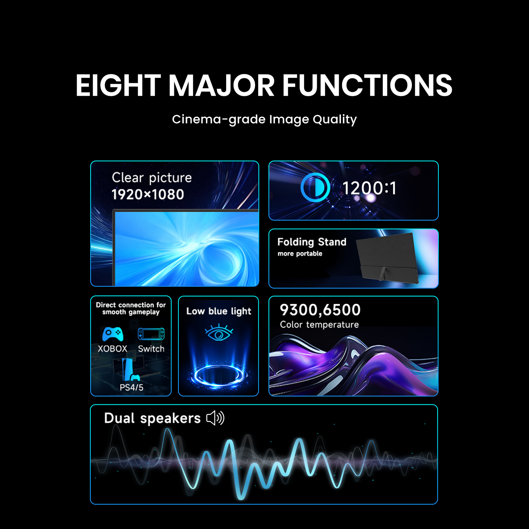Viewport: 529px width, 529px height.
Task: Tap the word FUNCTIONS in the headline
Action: pyautogui.click(x=367, y=85)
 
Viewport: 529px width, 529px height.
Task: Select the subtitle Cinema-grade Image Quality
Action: pyautogui.click(x=264, y=120)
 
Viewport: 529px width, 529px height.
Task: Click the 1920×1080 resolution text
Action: pyautogui.click(x=148, y=194)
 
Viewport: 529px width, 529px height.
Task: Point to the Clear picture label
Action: pyautogui.click(x=152, y=178)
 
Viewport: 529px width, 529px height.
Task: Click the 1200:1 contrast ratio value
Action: pyautogui.click(x=369, y=188)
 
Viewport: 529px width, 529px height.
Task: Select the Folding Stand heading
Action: pyautogui.click(x=312, y=242)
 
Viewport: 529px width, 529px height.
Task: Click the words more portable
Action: pyautogui.click(x=300, y=254)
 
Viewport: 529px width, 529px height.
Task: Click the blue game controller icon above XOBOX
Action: pyautogui.click(x=113, y=334)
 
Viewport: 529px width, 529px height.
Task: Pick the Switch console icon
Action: pyautogui.click(x=151, y=334)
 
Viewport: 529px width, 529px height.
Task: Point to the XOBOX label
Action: pyautogui.click(x=113, y=349)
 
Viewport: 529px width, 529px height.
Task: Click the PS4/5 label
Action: pyautogui.click(x=131, y=387)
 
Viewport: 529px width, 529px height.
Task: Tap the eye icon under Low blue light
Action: pyautogui.click(x=219, y=332)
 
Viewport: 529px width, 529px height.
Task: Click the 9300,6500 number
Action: pyautogui.click(x=320, y=310)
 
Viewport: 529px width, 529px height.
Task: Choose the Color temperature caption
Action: pyautogui.click(x=319, y=325)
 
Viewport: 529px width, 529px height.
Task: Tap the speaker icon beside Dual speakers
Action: pyautogui.click(x=215, y=418)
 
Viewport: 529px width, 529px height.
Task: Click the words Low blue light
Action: pyautogui.click(x=219, y=311)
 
